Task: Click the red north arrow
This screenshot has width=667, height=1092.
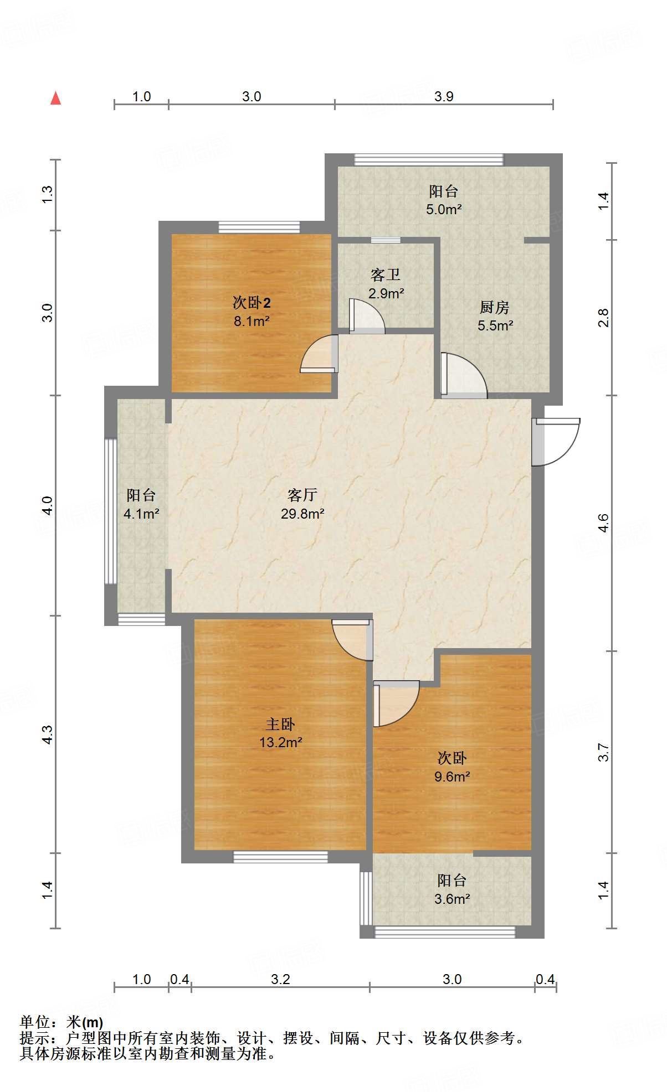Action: [x=55, y=98]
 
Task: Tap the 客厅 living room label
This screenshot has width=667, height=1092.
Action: [x=302, y=494]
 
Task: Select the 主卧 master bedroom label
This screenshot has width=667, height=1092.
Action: [x=280, y=723]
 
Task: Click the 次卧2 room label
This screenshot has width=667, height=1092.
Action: [x=252, y=303]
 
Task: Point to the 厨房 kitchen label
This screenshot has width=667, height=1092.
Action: [x=495, y=307]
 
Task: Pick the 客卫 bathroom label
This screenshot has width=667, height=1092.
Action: [x=386, y=275]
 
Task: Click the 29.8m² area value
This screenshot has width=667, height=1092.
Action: [x=302, y=514]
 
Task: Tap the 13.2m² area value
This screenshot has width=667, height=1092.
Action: [x=280, y=743]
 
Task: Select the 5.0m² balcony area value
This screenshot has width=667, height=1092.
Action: [x=444, y=210]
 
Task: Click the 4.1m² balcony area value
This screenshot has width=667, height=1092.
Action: [x=141, y=514]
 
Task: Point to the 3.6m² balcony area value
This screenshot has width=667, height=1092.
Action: [x=452, y=899]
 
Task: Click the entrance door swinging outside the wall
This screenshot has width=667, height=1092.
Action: [x=556, y=442]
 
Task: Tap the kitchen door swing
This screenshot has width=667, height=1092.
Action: [x=464, y=375]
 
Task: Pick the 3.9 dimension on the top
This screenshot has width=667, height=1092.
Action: [x=444, y=97]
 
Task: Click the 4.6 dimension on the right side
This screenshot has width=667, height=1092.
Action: [x=603, y=523]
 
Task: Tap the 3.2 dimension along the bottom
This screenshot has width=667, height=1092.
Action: [x=280, y=980]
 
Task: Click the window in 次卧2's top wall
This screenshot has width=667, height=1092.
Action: [x=259, y=227]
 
